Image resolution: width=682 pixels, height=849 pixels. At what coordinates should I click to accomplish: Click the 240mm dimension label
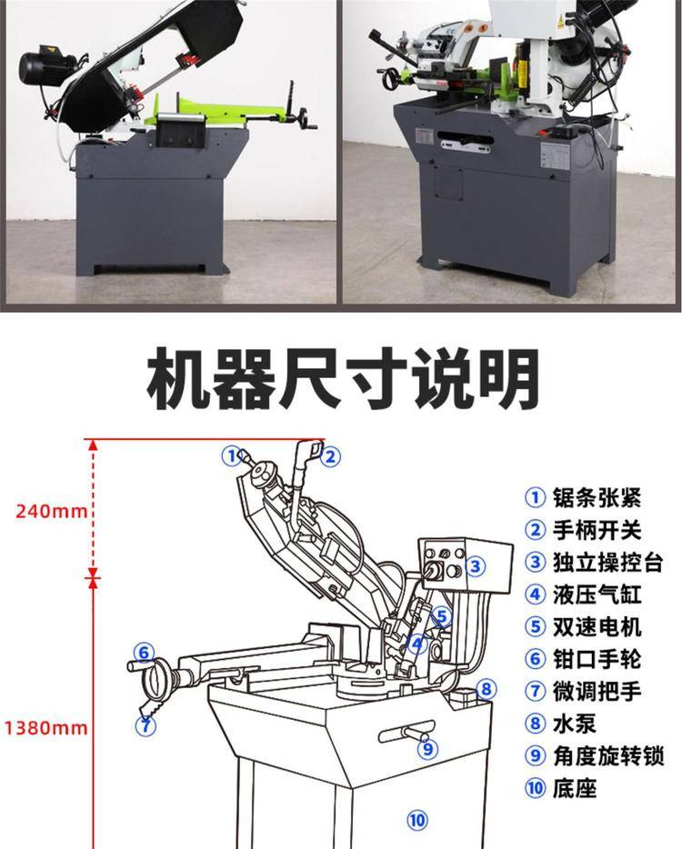pos(51,511)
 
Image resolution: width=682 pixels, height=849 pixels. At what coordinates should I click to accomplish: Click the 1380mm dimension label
pos(46,728)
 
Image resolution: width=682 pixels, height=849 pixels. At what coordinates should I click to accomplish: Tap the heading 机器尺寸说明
pos(343,378)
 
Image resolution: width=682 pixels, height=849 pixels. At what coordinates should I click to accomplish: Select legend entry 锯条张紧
pos(583,497)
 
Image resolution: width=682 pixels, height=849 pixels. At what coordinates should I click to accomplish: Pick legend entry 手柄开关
pos(583,530)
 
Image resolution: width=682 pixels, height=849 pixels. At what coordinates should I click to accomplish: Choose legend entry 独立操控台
pos(594,563)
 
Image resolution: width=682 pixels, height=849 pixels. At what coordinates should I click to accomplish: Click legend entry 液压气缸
pos(583,594)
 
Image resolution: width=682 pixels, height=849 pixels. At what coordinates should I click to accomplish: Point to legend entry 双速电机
pos(583,627)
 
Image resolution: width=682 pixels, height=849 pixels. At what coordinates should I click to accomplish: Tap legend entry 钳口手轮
pos(583,659)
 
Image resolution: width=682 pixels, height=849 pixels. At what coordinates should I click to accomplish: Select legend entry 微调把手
pos(583,692)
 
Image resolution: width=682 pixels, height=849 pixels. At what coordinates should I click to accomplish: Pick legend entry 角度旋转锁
pos(594,756)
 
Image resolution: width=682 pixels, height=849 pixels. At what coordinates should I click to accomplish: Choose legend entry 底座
pos(561,788)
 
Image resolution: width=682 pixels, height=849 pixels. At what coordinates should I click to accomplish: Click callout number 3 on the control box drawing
pos(475,566)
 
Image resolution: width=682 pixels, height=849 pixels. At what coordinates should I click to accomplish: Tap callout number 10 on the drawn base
pos(416,820)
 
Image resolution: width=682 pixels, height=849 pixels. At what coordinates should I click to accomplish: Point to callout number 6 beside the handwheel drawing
pos(144,653)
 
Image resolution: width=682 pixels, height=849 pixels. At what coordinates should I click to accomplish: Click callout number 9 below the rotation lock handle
pos(428,749)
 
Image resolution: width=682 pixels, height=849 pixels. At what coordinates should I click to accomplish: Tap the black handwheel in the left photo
pos(307,119)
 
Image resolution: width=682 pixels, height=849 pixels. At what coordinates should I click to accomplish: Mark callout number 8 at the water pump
pos(486,689)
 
